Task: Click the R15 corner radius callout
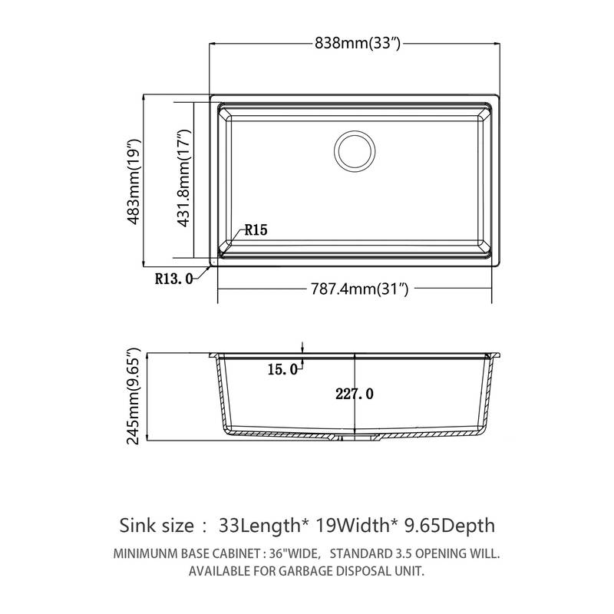[256, 229]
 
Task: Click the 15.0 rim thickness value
[282, 370]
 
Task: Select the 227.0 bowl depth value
[354, 394]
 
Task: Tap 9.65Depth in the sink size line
[449, 526]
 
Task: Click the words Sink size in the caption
[156, 526]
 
